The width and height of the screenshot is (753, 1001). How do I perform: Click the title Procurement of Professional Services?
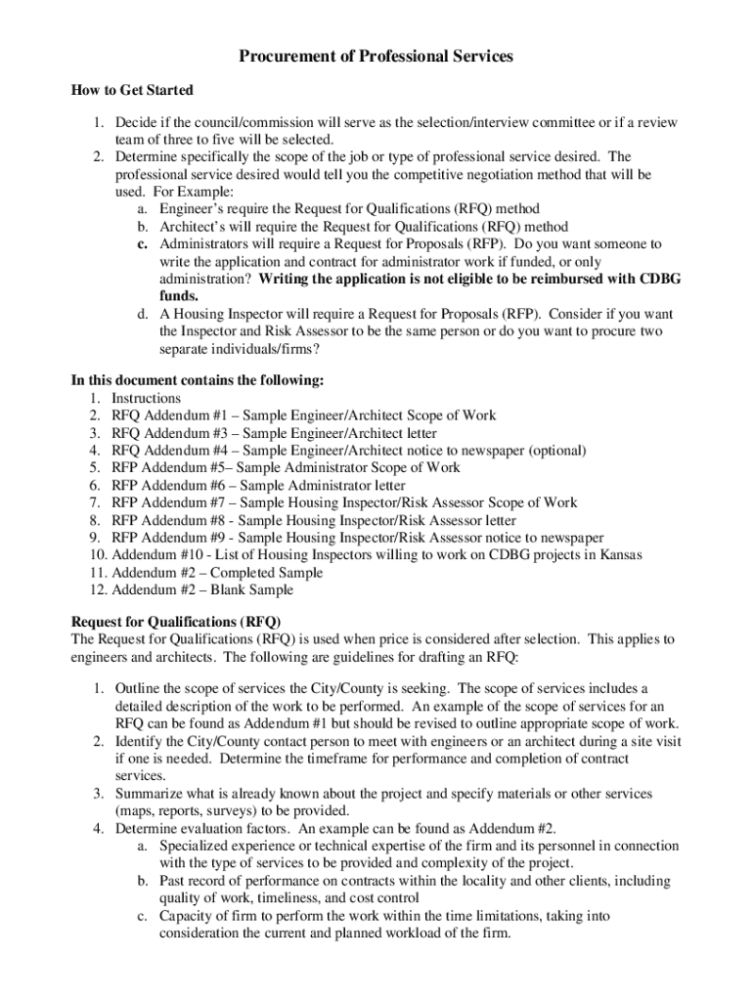pos(376,58)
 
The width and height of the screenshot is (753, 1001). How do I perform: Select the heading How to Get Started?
pos(132,91)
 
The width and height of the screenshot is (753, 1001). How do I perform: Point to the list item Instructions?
pos(146,399)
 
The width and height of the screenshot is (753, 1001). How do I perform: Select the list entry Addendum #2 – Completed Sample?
pos(217,573)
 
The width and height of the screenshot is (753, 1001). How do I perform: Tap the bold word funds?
pos(179,296)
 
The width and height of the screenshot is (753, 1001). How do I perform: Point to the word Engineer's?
pos(190,209)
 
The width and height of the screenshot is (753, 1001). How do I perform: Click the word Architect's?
pos(191,226)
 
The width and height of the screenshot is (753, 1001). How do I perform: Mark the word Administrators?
pos(204,243)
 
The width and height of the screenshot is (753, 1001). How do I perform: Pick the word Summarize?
pos(148,794)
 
